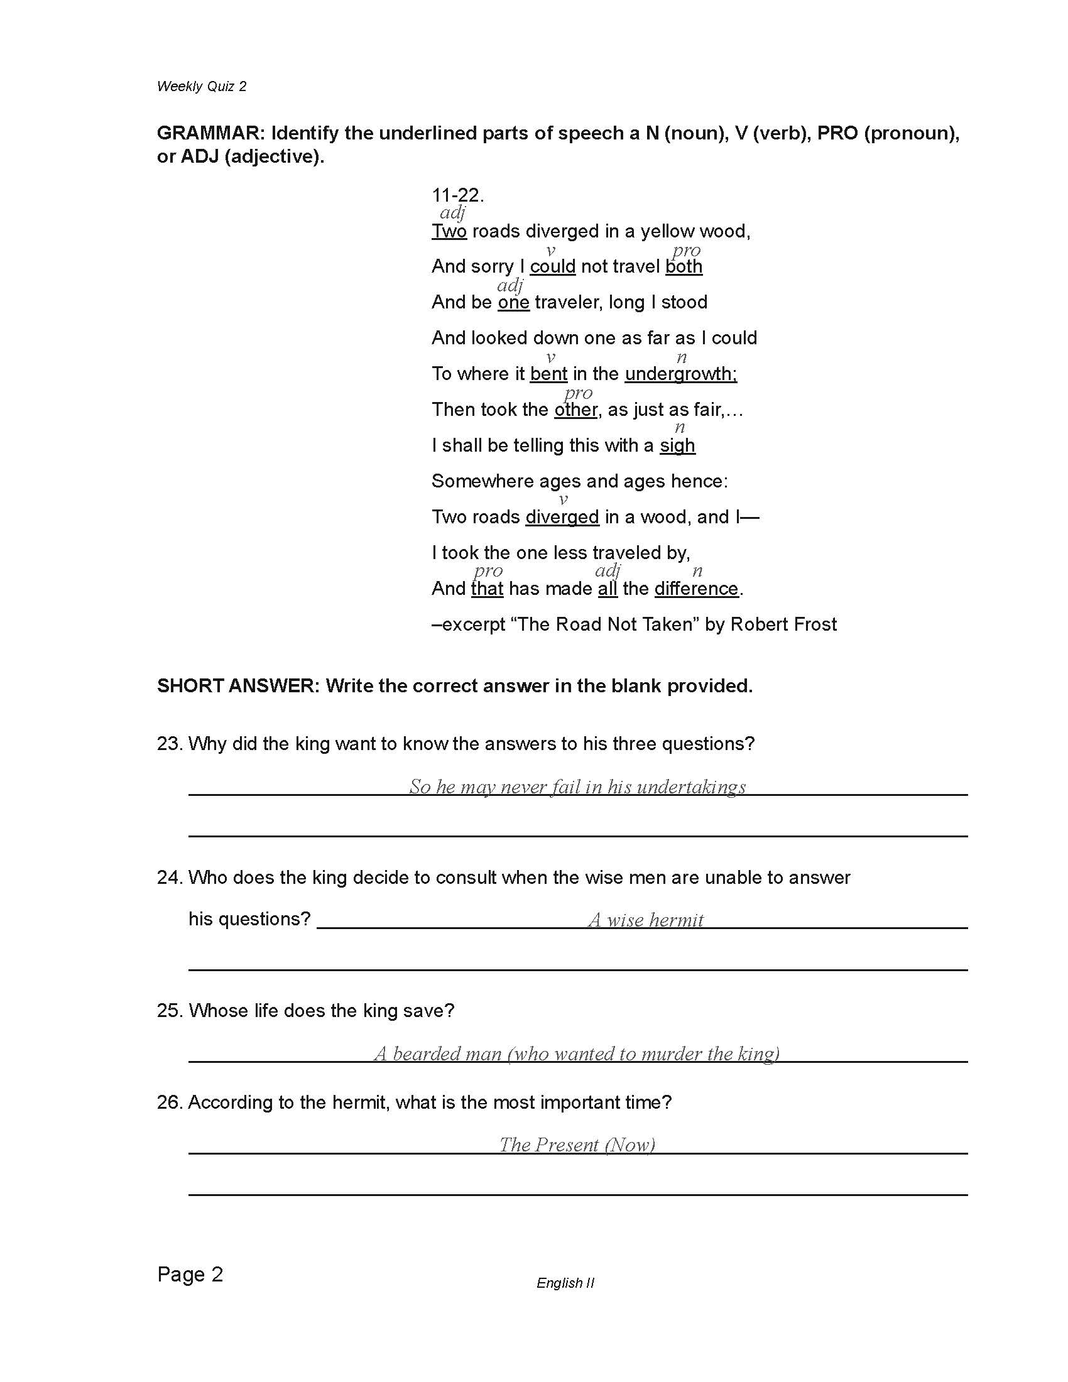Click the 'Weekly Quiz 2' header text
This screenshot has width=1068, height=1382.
[x=201, y=87]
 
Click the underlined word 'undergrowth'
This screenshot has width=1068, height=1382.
[x=680, y=374]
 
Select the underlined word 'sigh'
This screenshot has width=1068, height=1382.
[x=677, y=445]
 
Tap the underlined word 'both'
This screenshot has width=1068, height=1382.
[x=684, y=266]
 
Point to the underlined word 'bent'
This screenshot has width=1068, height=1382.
[x=548, y=374]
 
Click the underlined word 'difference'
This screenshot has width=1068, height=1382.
[x=696, y=589]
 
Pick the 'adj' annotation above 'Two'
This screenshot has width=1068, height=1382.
[x=452, y=213]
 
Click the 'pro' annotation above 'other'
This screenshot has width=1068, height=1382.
[x=577, y=393]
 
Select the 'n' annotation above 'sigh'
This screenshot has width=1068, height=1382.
[x=680, y=428]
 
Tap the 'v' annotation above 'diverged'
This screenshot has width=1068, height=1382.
[x=562, y=500]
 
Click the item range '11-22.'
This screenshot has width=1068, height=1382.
[x=457, y=195]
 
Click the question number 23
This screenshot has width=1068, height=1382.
[x=170, y=744]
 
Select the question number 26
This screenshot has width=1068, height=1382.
[x=170, y=1102]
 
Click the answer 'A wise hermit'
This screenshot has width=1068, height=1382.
[x=645, y=920]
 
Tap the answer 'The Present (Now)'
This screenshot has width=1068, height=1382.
[x=577, y=1145]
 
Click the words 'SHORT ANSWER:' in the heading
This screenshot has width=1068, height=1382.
[x=239, y=686]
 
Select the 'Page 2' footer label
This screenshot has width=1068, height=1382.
[x=190, y=1274]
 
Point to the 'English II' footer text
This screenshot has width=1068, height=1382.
[x=565, y=1283]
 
